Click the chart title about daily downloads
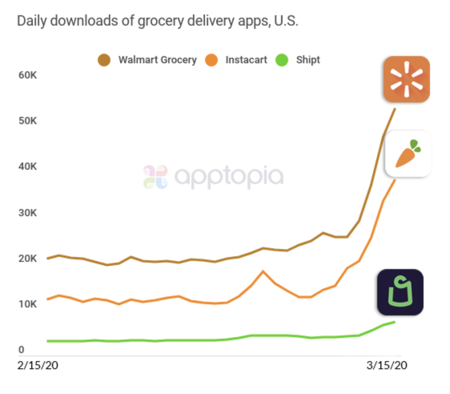pyautogui.click(x=157, y=21)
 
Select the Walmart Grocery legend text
pyautogui.click(x=157, y=60)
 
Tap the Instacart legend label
pyautogui.click(x=246, y=60)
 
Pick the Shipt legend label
pyautogui.click(x=308, y=60)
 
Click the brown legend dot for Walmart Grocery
pyautogui.click(x=104, y=60)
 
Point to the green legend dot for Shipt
pyautogui.click(x=282, y=60)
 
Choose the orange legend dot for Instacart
pyautogui.click(x=211, y=60)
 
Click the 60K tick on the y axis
pyautogui.click(x=27, y=75)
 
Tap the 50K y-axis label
pyautogui.click(x=27, y=121)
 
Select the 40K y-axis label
pyautogui.click(x=27, y=166)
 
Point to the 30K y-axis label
pyautogui.click(x=27, y=212)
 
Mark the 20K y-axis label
pyautogui.click(x=27, y=258)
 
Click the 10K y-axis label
pyautogui.click(x=27, y=304)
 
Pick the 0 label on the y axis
pyautogui.click(x=22, y=350)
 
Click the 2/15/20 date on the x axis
pyautogui.click(x=38, y=366)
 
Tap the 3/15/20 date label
pyautogui.click(x=387, y=366)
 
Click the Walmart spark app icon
pyautogui.click(x=406, y=79)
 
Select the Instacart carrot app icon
pyautogui.click(x=408, y=154)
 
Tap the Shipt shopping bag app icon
pyautogui.click(x=400, y=292)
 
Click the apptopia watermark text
pyautogui.click(x=229, y=177)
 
